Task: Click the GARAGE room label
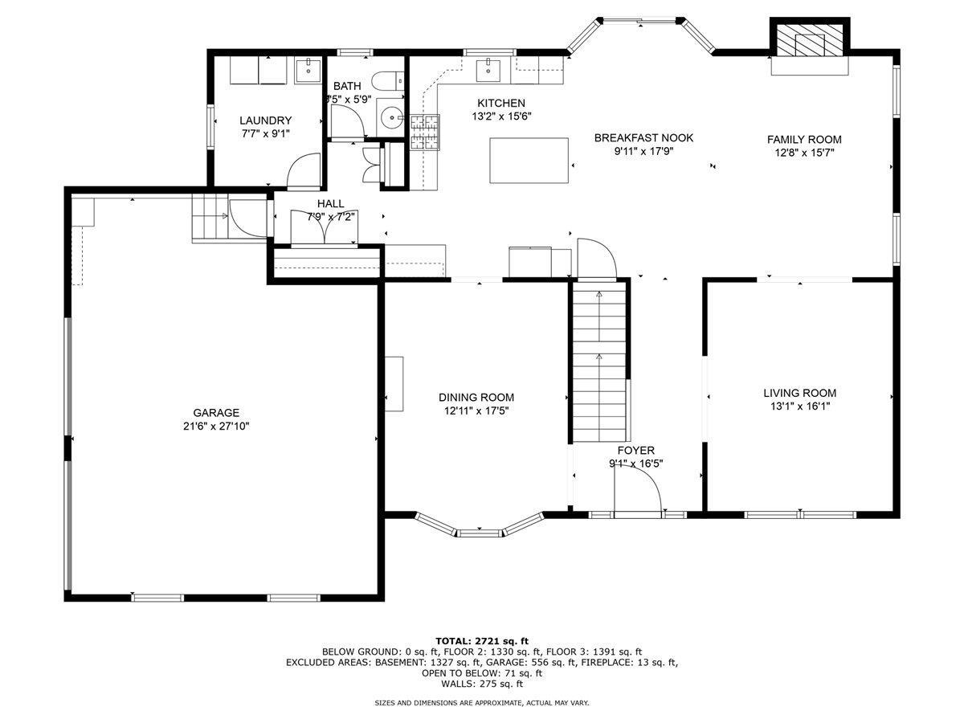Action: tap(215, 413)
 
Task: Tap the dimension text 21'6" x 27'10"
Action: tap(215, 427)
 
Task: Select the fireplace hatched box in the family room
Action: tap(810, 39)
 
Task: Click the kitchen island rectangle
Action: tap(529, 160)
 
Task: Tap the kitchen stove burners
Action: tap(426, 133)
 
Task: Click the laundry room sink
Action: tap(308, 70)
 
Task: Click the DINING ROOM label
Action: tap(476, 397)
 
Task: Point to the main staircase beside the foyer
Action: tap(598, 361)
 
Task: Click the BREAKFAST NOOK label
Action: tap(643, 137)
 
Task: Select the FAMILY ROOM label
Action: tap(804, 139)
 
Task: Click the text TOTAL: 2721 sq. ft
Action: tap(482, 640)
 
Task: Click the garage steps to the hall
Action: tap(210, 218)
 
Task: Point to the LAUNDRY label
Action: tap(265, 120)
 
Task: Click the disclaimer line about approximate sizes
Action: tap(482, 703)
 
